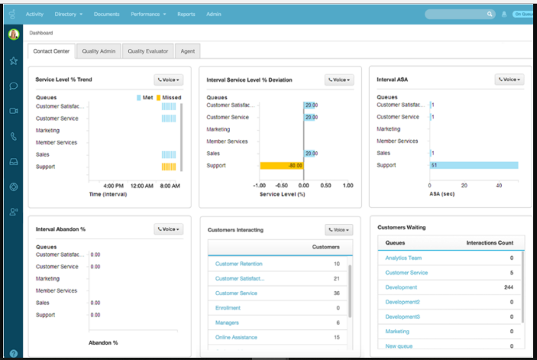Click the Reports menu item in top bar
tap(186, 14)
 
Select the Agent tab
tap(186, 51)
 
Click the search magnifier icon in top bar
tap(490, 14)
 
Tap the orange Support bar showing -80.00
tap(281, 165)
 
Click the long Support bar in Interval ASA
tap(474, 165)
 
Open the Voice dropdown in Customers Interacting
tap(338, 229)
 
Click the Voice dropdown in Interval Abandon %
tap(168, 229)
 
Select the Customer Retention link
tap(238, 264)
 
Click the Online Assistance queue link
tap(236, 337)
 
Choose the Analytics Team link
tap(403, 258)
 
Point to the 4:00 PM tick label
tap(113, 186)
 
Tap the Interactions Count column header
tap(490, 243)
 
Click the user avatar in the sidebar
tap(14, 34)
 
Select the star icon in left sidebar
tap(14, 60)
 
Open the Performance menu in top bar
tap(148, 14)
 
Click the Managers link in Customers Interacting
tap(227, 323)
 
